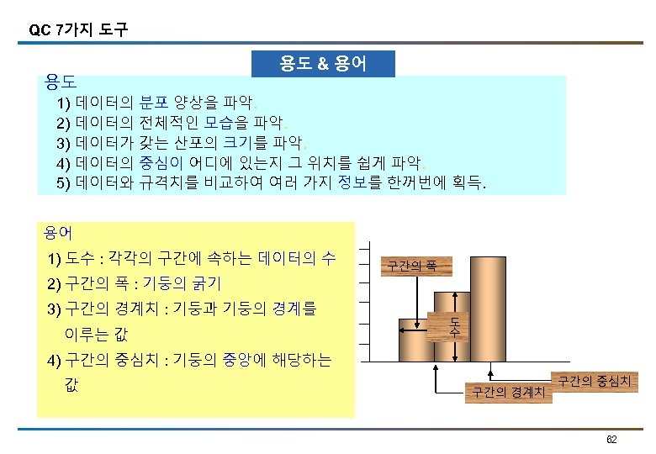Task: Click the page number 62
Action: pyautogui.click(x=611, y=440)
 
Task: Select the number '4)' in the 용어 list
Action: pyautogui.click(x=56, y=361)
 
